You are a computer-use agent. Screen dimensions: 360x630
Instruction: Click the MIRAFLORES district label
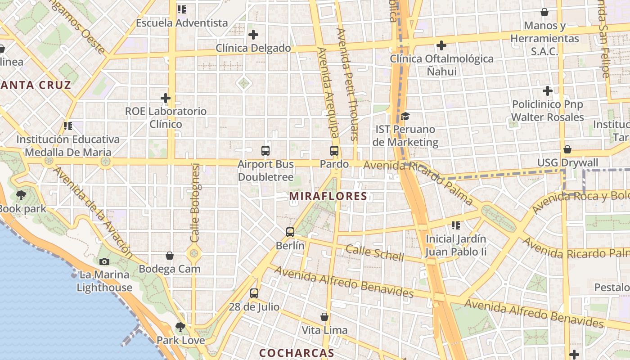[328, 196]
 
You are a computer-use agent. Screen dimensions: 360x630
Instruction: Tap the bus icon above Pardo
[334, 151]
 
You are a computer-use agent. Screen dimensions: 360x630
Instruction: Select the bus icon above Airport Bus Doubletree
[265, 151]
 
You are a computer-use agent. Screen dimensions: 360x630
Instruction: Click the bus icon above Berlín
[290, 232]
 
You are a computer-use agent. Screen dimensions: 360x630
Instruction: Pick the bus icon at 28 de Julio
[254, 293]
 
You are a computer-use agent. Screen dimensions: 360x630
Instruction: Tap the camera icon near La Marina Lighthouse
[104, 261]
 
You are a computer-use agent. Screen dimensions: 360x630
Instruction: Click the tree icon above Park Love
[180, 327]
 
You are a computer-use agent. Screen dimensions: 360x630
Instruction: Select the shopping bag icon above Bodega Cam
[170, 256]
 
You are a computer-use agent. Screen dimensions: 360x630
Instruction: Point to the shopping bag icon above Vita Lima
[324, 317]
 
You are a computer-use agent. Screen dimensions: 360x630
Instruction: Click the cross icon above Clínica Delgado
[253, 34]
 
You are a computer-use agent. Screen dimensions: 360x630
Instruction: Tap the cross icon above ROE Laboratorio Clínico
[166, 98]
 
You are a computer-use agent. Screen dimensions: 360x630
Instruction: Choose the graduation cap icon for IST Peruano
[405, 117]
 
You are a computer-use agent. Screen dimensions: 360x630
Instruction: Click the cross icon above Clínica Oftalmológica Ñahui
[441, 45]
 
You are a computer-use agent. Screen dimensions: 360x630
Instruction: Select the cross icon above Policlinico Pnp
[547, 91]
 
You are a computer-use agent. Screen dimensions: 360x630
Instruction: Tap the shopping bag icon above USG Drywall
[567, 149]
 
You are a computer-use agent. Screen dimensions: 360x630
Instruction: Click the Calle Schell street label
[375, 253]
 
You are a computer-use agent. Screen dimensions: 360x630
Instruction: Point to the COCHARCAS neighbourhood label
[297, 353]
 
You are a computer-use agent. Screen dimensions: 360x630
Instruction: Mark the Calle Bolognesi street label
[195, 202]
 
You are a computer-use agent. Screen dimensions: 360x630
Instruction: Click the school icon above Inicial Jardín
[456, 225]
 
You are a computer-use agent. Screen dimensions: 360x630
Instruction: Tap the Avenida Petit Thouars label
[347, 84]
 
